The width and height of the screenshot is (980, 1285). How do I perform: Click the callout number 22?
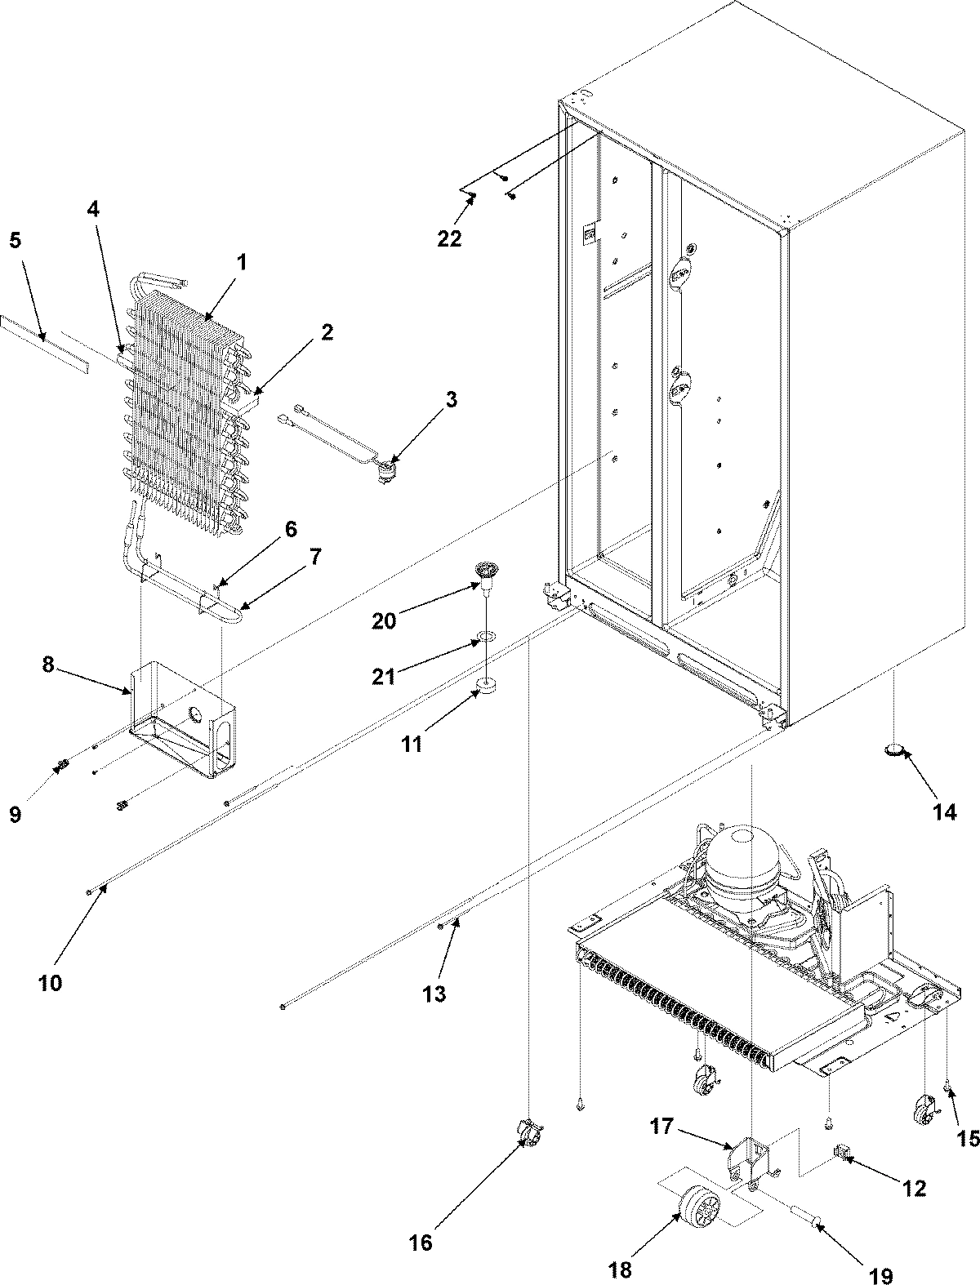click(449, 238)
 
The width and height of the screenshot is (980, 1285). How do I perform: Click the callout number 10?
click(49, 983)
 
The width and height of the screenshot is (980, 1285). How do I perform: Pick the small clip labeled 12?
click(840, 1152)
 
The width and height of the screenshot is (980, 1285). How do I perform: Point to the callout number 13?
click(435, 994)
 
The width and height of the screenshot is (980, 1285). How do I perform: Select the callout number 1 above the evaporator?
click(241, 265)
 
